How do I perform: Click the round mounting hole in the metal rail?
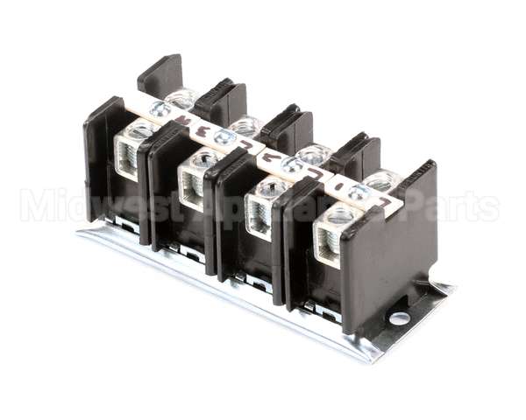[x=399, y=318]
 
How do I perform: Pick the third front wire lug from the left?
[x=263, y=206]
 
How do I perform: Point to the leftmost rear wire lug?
[x=181, y=98]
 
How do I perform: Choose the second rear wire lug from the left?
[x=247, y=126]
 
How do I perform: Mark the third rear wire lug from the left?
[x=312, y=155]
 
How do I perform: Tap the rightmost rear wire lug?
[x=382, y=181]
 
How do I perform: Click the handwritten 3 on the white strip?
[x=203, y=132]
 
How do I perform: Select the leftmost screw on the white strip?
[x=160, y=109]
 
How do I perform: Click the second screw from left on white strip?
[x=225, y=137]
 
